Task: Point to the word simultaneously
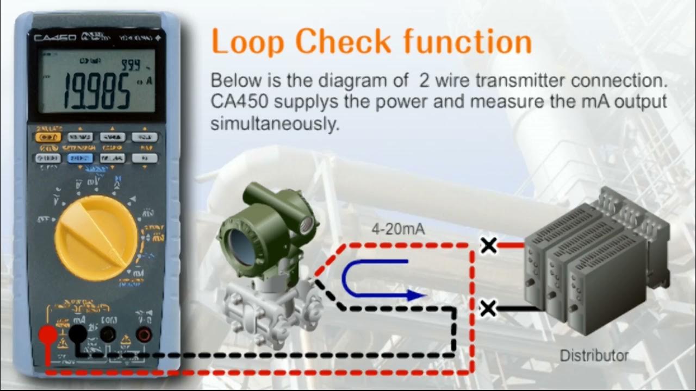[275, 124]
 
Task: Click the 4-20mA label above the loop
[398, 230]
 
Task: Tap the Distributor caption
[594, 356]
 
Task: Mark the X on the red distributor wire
[489, 245]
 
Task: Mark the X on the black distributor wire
[489, 309]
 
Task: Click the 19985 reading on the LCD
[97, 90]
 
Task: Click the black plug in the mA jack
[77, 334]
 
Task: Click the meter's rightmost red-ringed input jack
[144, 335]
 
